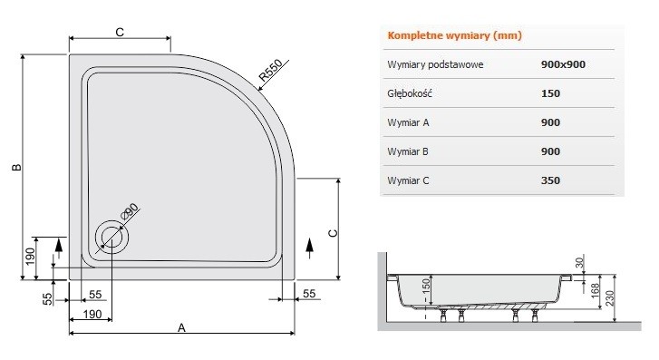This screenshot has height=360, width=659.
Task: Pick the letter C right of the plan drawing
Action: coord(333,232)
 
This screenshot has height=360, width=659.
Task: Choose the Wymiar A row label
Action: coord(407,122)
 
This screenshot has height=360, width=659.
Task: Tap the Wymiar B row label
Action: coord(407,151)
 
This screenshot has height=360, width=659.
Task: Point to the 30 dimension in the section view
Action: coord(604,261)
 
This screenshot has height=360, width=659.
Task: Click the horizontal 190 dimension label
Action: coord(92,314)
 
